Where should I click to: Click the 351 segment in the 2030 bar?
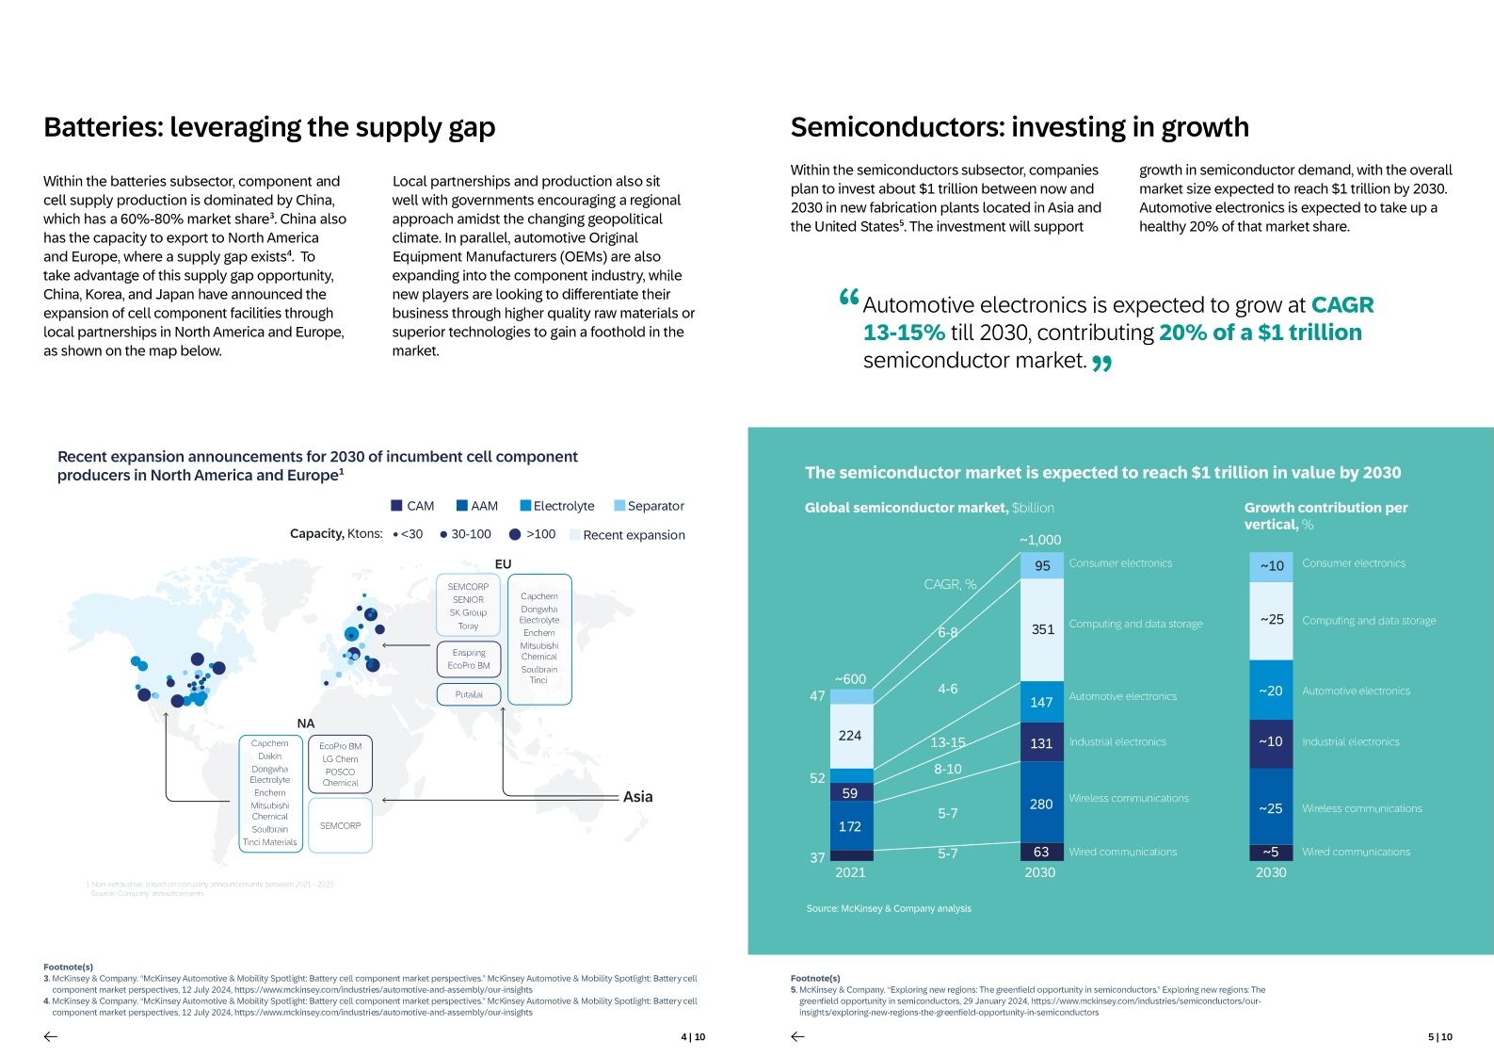[1042, 629]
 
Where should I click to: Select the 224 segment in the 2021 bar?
[850, 736]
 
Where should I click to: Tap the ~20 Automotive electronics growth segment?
[1271, 691]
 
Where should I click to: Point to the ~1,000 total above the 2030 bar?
[1040, 540]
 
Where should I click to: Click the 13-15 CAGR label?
[948, 742]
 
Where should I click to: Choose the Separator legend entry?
[649, 506]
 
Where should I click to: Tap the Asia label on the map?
[637, 797]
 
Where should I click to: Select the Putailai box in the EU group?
[469, 694]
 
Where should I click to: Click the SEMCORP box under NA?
[340, 825]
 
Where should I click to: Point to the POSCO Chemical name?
[340, 777]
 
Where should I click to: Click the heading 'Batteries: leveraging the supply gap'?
[269, 127]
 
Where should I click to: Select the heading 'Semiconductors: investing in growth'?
[1020, 127]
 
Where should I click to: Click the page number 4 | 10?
[693, 1037]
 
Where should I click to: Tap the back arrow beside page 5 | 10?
[798, 1037]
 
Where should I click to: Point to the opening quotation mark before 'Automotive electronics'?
[848, 298]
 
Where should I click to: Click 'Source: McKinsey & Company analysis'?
[889, 909]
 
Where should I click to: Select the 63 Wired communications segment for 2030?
[1041, 852]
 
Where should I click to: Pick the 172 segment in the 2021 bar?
[850, 826]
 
